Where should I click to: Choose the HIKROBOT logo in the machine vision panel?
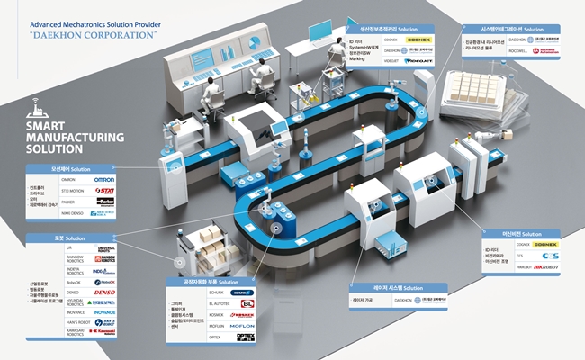click(x=545, y=266)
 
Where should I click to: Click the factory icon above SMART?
click(x=32, y=111)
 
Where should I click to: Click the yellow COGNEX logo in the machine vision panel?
click(x=545, y=244)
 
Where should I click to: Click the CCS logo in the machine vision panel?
click(x=545, y=255)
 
